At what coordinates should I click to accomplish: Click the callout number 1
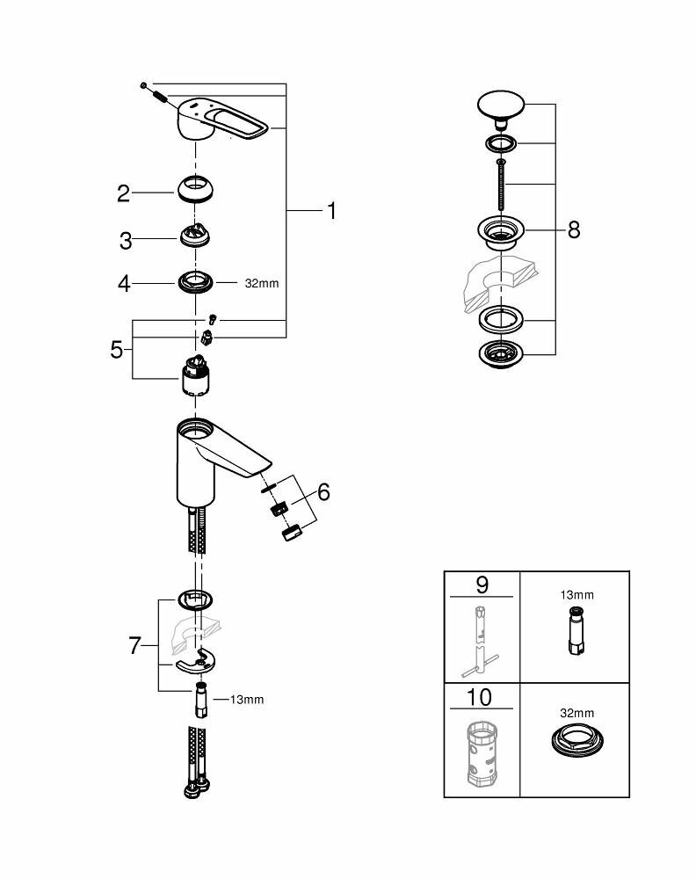point(331,211)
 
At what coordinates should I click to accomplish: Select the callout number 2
point(124,193)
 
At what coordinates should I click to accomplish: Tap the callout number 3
point(125,239)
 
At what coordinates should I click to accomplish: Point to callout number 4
point(124,284)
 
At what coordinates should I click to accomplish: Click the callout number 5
point(116,349)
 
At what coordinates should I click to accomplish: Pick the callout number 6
point(323,492)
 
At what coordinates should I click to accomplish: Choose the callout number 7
point(134,646)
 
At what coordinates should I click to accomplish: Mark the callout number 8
point(574,229)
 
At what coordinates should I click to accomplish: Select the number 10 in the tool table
point(481,698)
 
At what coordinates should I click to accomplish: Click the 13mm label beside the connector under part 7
point(247,700)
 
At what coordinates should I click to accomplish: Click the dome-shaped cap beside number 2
point(196,189)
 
